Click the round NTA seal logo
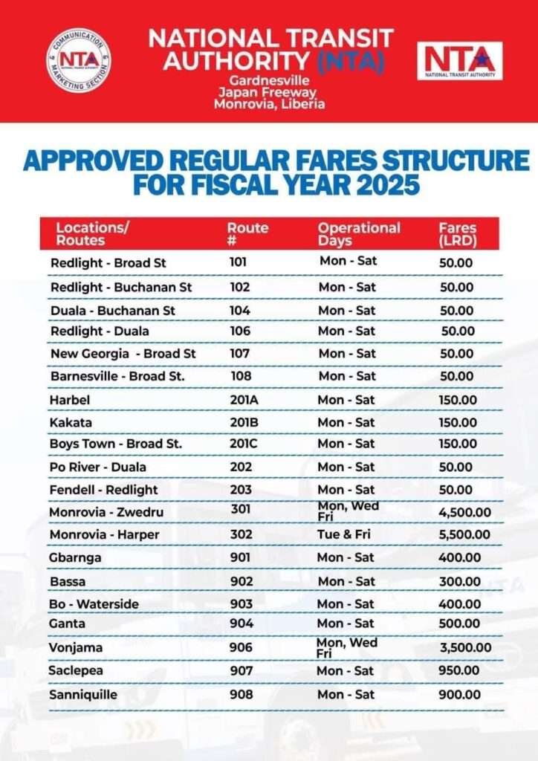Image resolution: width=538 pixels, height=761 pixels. point(79,60)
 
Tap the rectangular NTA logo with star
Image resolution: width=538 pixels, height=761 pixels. point(459,61)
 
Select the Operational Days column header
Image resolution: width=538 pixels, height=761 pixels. point(359,233)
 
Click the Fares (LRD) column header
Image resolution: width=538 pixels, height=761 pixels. point(457,233)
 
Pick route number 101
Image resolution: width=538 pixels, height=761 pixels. point(238,262)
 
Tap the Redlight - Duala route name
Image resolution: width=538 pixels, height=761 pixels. point(100,331)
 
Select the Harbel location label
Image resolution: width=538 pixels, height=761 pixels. point(69,400)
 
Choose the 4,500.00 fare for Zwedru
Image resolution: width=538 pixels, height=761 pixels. point(464,512)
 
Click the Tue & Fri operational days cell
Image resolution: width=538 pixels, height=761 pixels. point(346,534)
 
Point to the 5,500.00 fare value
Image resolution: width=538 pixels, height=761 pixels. point(464,534)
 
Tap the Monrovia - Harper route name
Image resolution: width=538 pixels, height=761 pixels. point(104,534)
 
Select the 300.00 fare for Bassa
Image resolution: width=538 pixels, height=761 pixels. point(458,581)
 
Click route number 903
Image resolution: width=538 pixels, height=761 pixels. point(241,603)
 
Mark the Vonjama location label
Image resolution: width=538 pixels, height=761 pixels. point(76,648)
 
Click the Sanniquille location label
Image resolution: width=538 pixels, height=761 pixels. point(83,695)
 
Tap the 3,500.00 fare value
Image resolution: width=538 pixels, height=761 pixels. point(465,647)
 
